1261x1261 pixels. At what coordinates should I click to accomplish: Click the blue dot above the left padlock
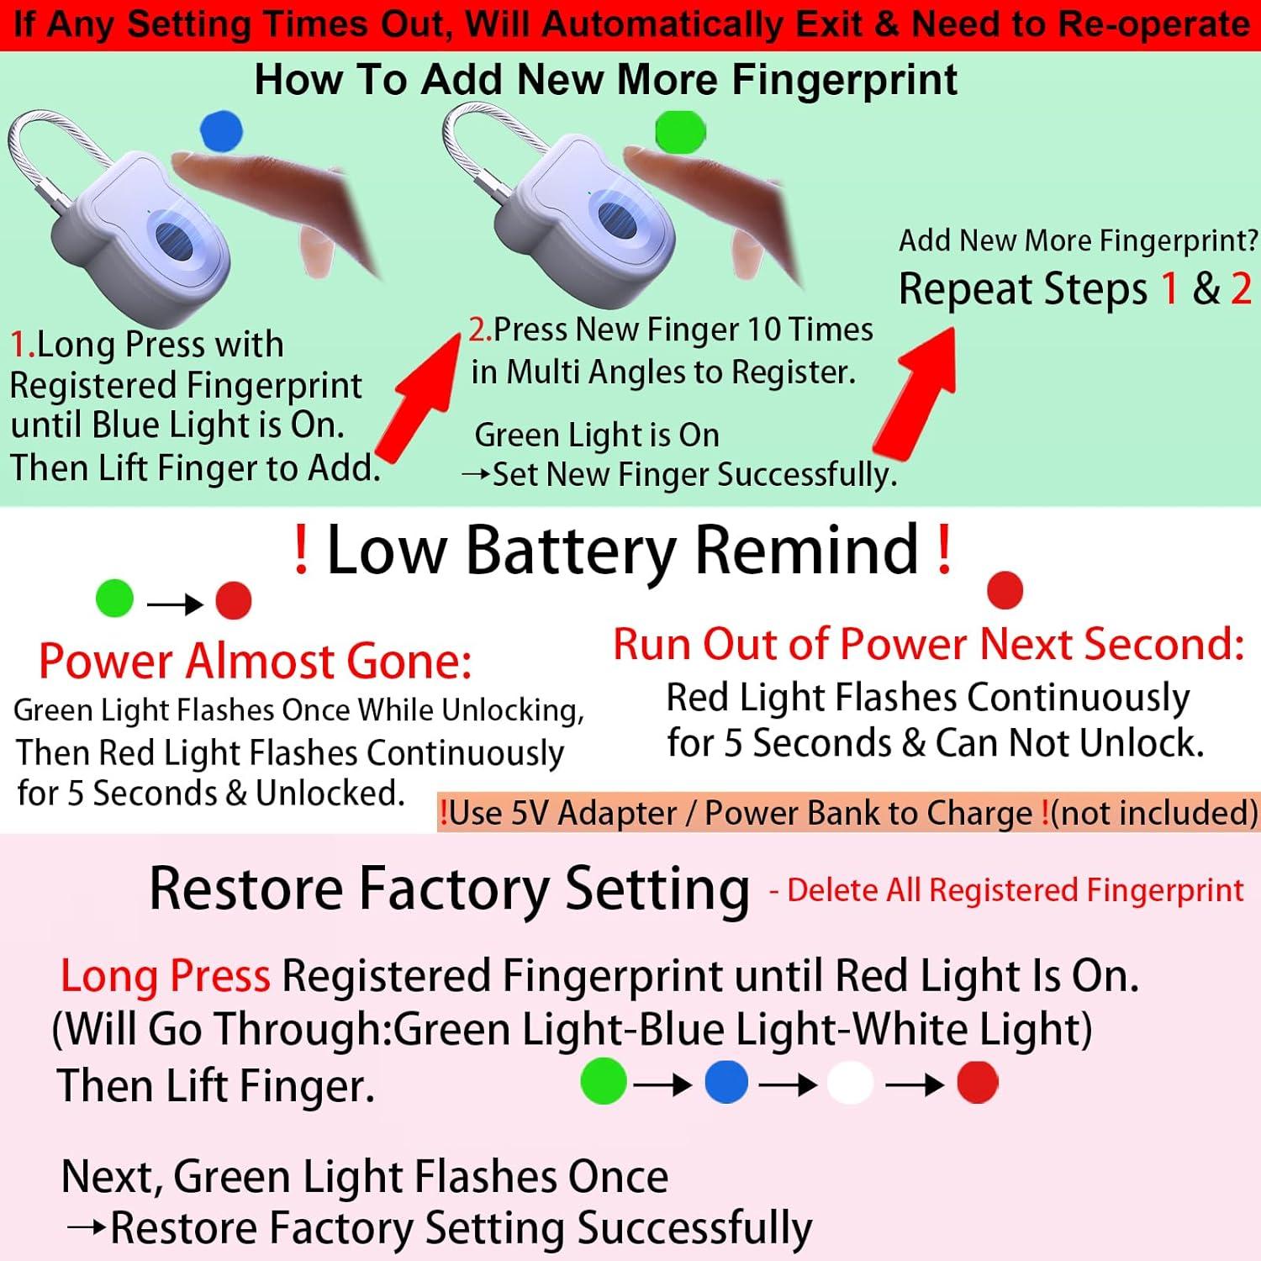221,131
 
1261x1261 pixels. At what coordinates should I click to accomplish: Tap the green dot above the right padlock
679,132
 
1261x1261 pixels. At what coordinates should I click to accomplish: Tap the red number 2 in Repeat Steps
1241,288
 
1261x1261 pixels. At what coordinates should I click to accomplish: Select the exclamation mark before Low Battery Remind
301,551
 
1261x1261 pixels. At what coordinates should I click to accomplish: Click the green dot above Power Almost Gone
114,599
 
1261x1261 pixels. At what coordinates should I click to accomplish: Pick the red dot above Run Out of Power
1004,589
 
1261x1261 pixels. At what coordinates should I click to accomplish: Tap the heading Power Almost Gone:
255,661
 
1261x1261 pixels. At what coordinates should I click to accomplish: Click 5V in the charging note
528,813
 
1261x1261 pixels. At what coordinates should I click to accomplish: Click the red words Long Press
166,976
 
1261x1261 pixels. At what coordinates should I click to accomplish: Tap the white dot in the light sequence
850,1083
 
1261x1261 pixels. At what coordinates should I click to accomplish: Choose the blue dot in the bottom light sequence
726,1082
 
